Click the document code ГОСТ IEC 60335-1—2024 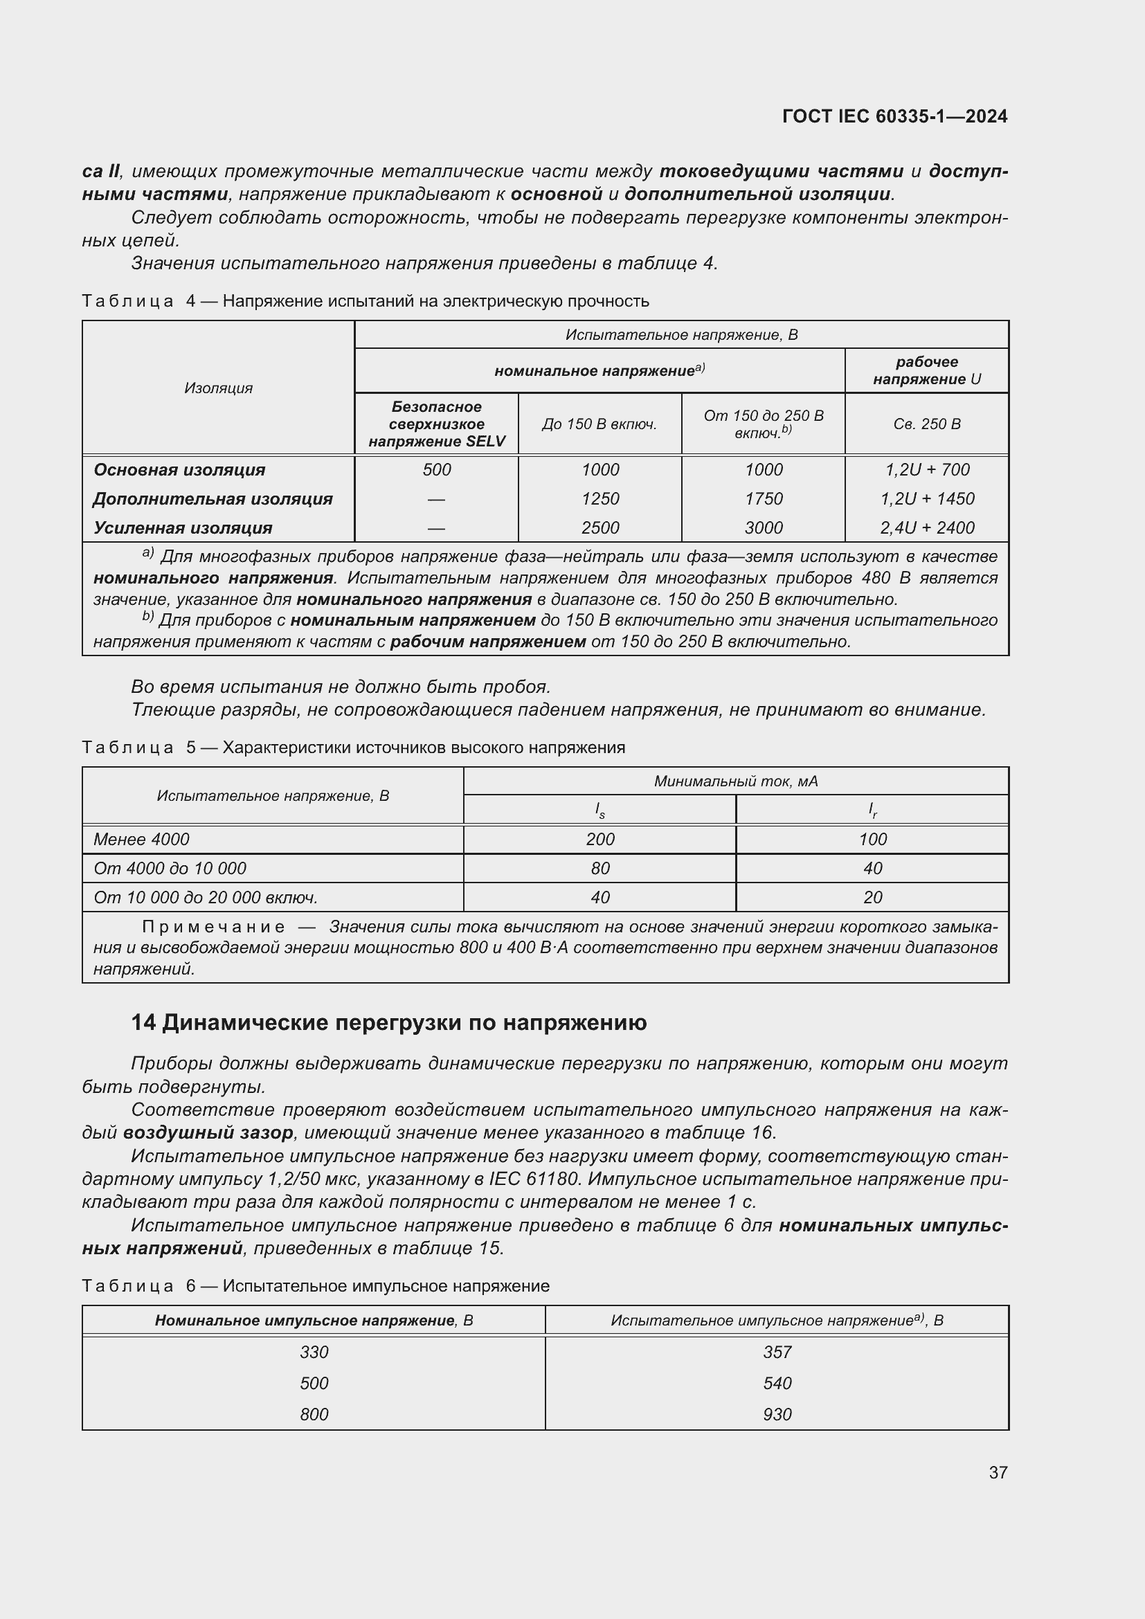(x=894, y=116)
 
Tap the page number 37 (x=998, y=1472)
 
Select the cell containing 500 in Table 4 (x=436, y=469)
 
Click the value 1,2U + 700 (x=926, y=469)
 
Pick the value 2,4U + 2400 (x=926, y=527)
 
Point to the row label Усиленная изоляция (x=183, y=527)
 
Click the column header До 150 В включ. (x=599, y=424)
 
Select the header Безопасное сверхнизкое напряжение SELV (x=436, y=424)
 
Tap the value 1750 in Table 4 (x=764, y=498)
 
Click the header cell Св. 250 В (x=926, y=424)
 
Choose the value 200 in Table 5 (x=600, y=839)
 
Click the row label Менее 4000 (x=142, y=839)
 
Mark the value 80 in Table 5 (x=600, y=868)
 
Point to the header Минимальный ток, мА (x=735, y=781)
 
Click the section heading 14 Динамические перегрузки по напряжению (x=388, y=1022)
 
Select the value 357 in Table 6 (x=777, y=1352)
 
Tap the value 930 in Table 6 (x=777, y=1414)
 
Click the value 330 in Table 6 (x=314, y=1352)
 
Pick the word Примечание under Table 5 (x=214, y=927)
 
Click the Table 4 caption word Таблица (x=127, y=301)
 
